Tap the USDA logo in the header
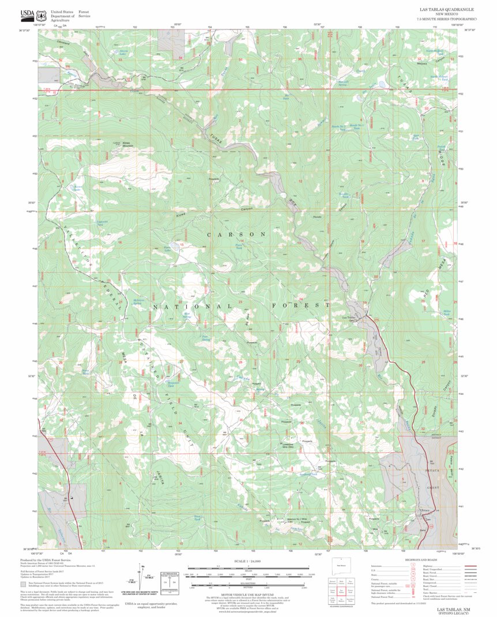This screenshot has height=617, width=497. pos(27,14)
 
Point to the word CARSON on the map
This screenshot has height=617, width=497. pos(237,235)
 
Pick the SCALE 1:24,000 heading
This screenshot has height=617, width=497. pos(248,561)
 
